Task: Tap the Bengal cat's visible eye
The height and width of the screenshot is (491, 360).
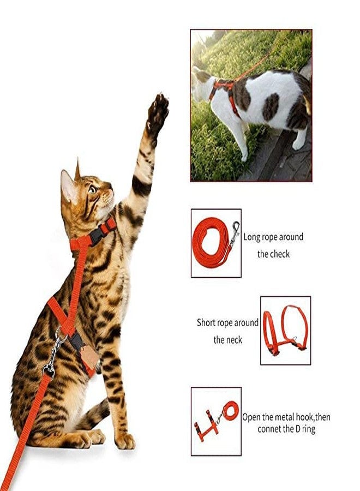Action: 92,190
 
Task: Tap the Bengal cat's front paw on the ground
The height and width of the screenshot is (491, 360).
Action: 124,440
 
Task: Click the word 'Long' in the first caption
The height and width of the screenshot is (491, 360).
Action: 253,237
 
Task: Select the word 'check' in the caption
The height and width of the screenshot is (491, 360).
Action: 280,254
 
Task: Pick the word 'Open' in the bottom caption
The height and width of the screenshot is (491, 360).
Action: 251,417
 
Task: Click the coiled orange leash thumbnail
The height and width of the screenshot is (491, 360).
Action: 215,243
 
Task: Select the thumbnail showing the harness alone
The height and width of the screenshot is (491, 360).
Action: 285,330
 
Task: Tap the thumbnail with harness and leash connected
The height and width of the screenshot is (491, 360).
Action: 215,421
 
